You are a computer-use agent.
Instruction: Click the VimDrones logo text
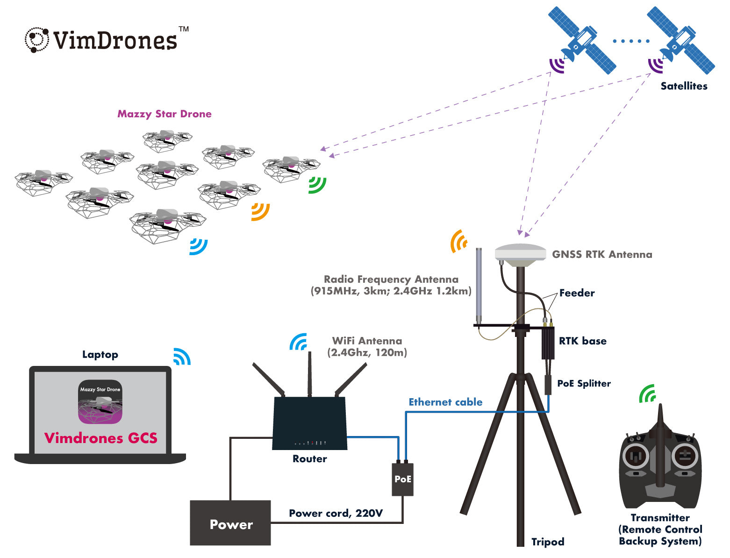[115, 41]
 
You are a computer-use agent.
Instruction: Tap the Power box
[230, 523]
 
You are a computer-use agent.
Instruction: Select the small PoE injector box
[402, 479]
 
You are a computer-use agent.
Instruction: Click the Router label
[309, 459]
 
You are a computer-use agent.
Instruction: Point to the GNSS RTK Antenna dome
[520, 254]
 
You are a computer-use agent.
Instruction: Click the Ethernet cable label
[445, 402]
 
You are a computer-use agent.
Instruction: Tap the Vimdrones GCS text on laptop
[100, 438]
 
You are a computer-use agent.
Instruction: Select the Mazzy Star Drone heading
[164, 114]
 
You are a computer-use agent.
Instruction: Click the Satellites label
[684, 86]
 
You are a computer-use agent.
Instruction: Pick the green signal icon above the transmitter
[648, 394]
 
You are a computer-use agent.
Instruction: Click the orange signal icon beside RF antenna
[459, 241]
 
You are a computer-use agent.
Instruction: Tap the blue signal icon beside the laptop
[182, 357]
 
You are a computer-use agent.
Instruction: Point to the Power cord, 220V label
[336, 513]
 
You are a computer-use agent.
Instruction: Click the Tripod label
[548, 542]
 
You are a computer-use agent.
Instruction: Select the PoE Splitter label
[584, 384]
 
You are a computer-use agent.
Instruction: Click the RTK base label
[582, 341]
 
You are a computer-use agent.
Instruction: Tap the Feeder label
[577, 293]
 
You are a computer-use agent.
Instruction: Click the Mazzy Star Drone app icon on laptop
[100, 402]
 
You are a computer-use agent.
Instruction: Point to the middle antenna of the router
[309, 374]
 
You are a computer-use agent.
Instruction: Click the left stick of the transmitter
[636, 456]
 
